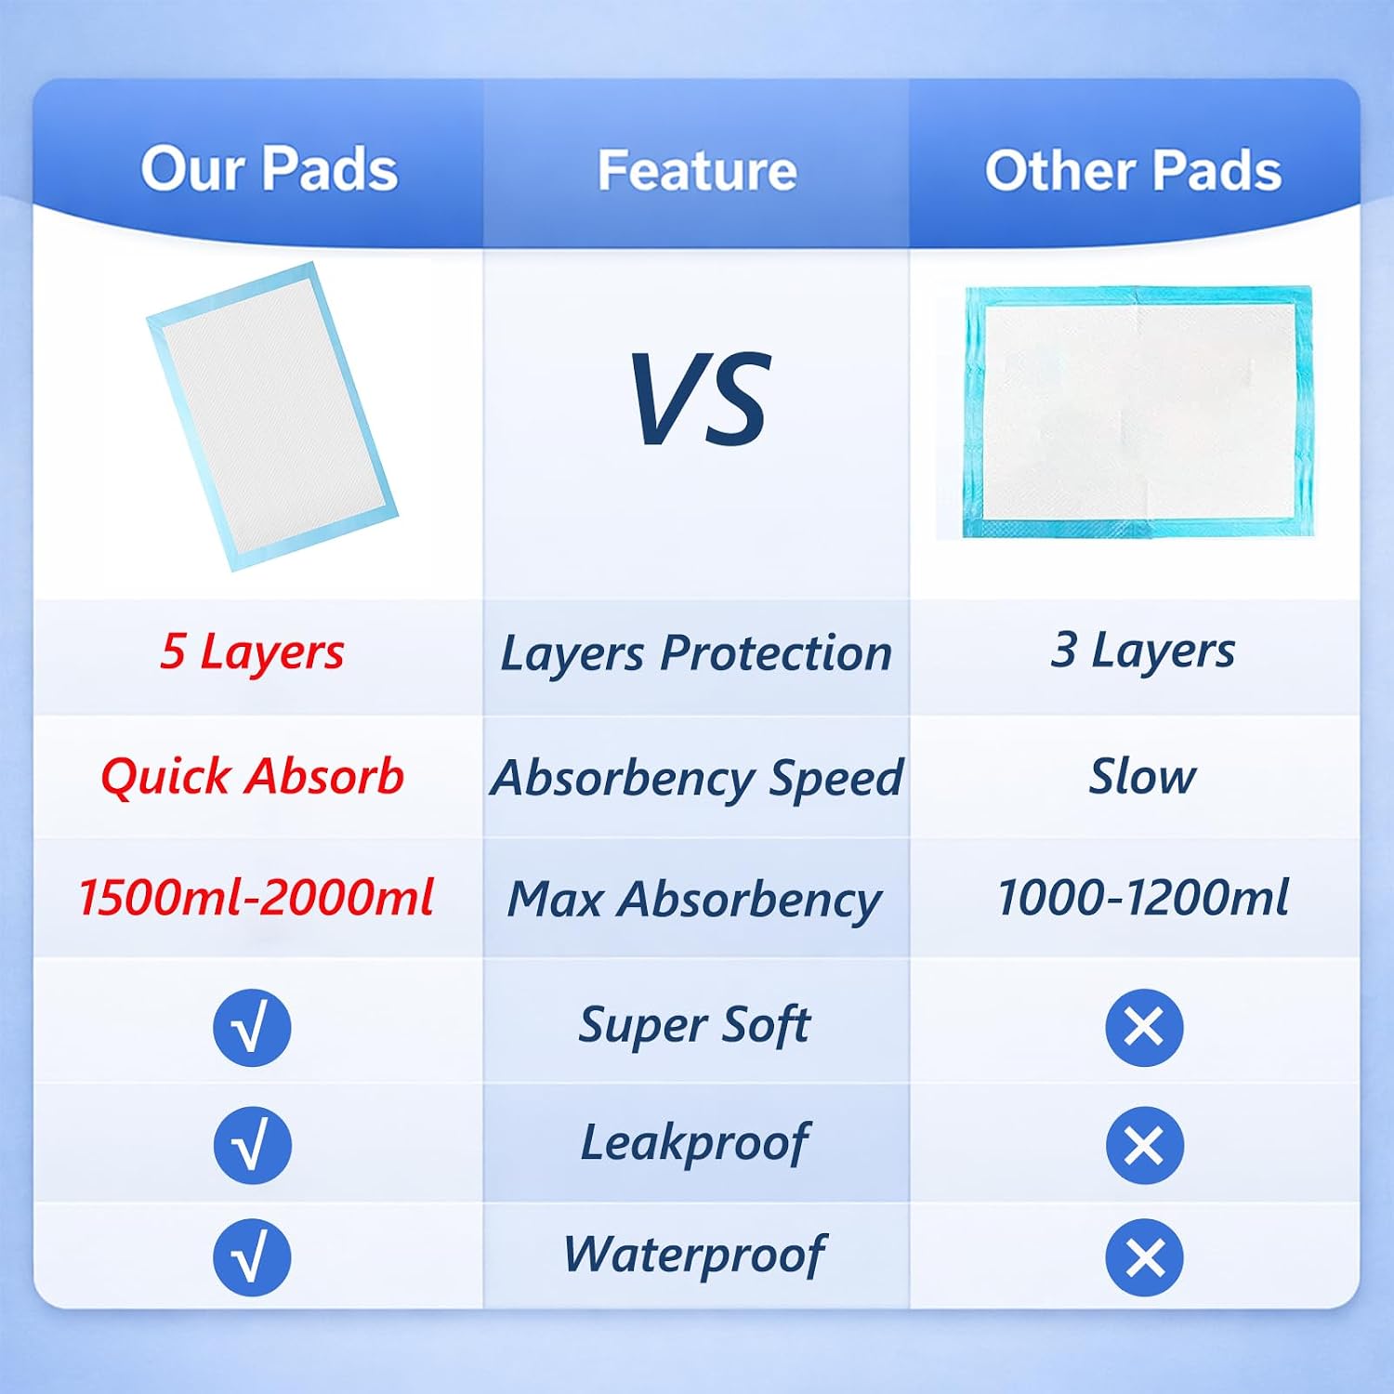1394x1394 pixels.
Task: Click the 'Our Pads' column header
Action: [x=270, y=169]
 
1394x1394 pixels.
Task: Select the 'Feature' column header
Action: [x=697, y=170]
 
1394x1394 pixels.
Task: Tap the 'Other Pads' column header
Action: [x=1133, y=170]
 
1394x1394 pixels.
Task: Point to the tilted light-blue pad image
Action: [x=272, y=415]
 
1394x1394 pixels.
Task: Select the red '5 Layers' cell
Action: [x=252, y=651]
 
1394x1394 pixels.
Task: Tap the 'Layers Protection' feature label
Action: [x=696, y=653]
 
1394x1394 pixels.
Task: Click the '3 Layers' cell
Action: [x=1143, y=651]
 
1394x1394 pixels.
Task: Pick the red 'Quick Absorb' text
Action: [x=253, y=776]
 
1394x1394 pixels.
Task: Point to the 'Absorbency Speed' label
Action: [x=697, y=778]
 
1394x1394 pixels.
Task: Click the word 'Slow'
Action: [x=1143, y=776]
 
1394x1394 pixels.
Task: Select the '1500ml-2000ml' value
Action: [x=256, y=898]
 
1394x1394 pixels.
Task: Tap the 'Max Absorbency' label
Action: [x=694, y=900]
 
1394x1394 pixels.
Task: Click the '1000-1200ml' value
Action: [x=1143, y=898]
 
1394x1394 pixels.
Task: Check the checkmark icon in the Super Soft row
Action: [x=252, y=1028]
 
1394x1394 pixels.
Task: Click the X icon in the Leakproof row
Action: [x=1144, y=1145]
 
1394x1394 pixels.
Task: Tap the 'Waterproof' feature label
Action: [x=694, y=1255]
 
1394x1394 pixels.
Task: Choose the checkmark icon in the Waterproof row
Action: [x=252, y=1257]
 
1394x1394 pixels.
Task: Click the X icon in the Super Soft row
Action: [x=1144, y=1028]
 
